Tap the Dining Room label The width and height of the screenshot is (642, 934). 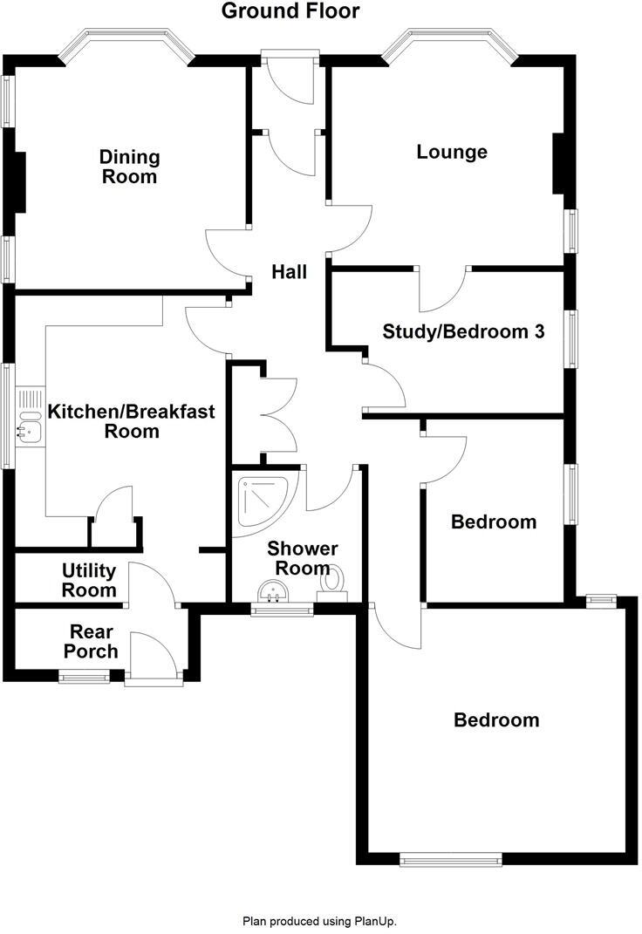pos(129,167)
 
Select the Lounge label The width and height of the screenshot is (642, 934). pos(451,152)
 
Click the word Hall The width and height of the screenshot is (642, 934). pos(289,272)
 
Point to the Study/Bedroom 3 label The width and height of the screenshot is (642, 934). pos(464,331)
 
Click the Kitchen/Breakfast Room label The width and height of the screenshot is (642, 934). pos(131,420)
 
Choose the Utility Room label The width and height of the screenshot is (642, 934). pos(88,580)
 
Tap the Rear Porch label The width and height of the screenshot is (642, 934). pos(93,641)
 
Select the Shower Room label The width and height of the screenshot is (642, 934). pos(302,558)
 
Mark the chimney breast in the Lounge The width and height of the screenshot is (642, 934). pos(562,163)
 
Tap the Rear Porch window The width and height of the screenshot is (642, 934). pos(85,675)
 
